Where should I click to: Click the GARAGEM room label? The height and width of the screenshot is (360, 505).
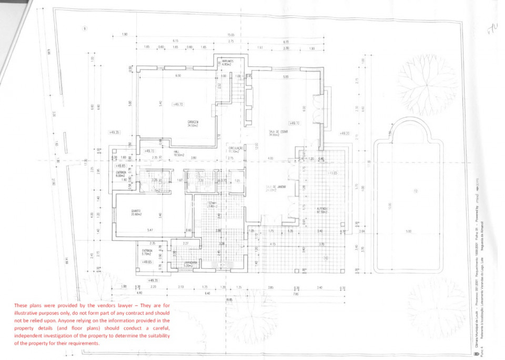(193, 123)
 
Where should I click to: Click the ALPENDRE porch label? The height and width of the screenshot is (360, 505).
(322, 209)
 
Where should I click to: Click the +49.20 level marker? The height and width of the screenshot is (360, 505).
(345, 133)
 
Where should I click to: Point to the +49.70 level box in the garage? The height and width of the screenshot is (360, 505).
(178, 105)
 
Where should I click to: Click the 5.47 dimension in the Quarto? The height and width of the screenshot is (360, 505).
(150, 230)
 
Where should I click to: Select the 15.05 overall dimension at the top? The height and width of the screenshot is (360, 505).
(230, 35)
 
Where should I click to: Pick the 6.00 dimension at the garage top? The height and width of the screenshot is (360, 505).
(178, 76)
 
